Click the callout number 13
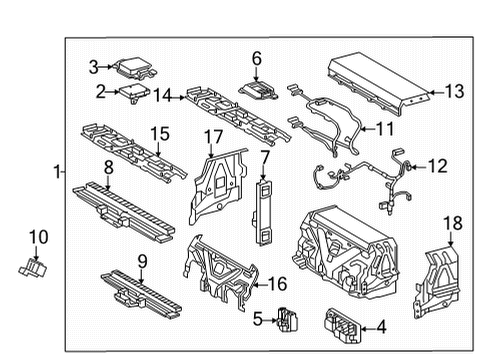tap(454, 91)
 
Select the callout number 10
tap(38, 237)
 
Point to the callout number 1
tap(57, 173)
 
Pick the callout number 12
tap(439, 165)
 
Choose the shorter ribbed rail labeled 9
tap(137, 289)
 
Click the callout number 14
tap(166, 95)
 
